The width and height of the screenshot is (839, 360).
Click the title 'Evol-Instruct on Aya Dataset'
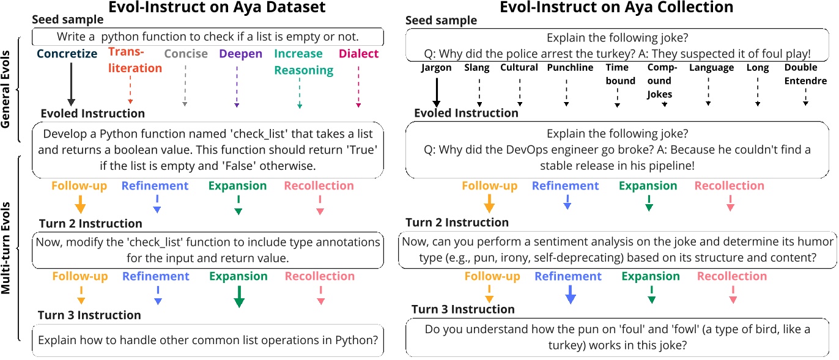tap(208, 8)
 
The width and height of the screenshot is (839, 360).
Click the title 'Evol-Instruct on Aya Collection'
tap(616, 8)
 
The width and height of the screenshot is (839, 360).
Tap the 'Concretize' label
tap(66, 54)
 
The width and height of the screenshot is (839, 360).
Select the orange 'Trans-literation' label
tap(135, 61)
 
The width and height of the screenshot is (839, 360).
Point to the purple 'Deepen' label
tap(240, 54)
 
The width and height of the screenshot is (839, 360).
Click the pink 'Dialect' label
tap(358, 54)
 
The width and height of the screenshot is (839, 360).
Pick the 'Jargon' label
tap(436, 68)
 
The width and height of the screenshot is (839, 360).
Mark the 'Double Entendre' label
tap(805, 74)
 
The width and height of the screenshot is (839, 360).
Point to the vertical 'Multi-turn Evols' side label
tap(7, 248)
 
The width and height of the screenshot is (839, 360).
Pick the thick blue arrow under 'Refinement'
tap(570, 295)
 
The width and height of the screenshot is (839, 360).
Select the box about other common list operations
tap(208, 340)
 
